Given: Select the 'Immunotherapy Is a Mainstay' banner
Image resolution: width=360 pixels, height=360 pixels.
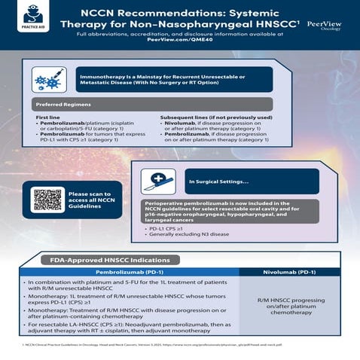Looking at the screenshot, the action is click(175, 78).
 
